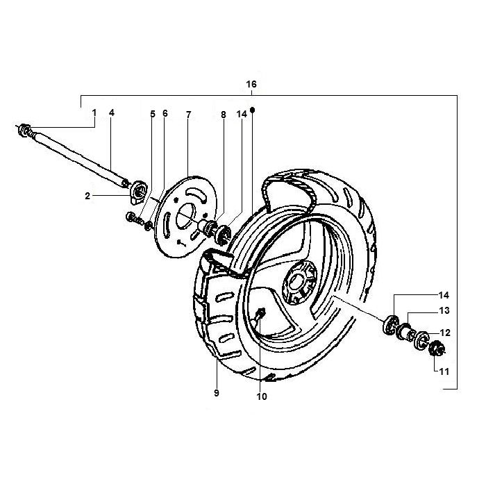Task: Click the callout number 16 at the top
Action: tap(251, 84)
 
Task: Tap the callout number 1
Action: tap(94, 112)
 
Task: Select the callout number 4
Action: tap(111, 112)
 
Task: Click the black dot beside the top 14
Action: tap(253, 110)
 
